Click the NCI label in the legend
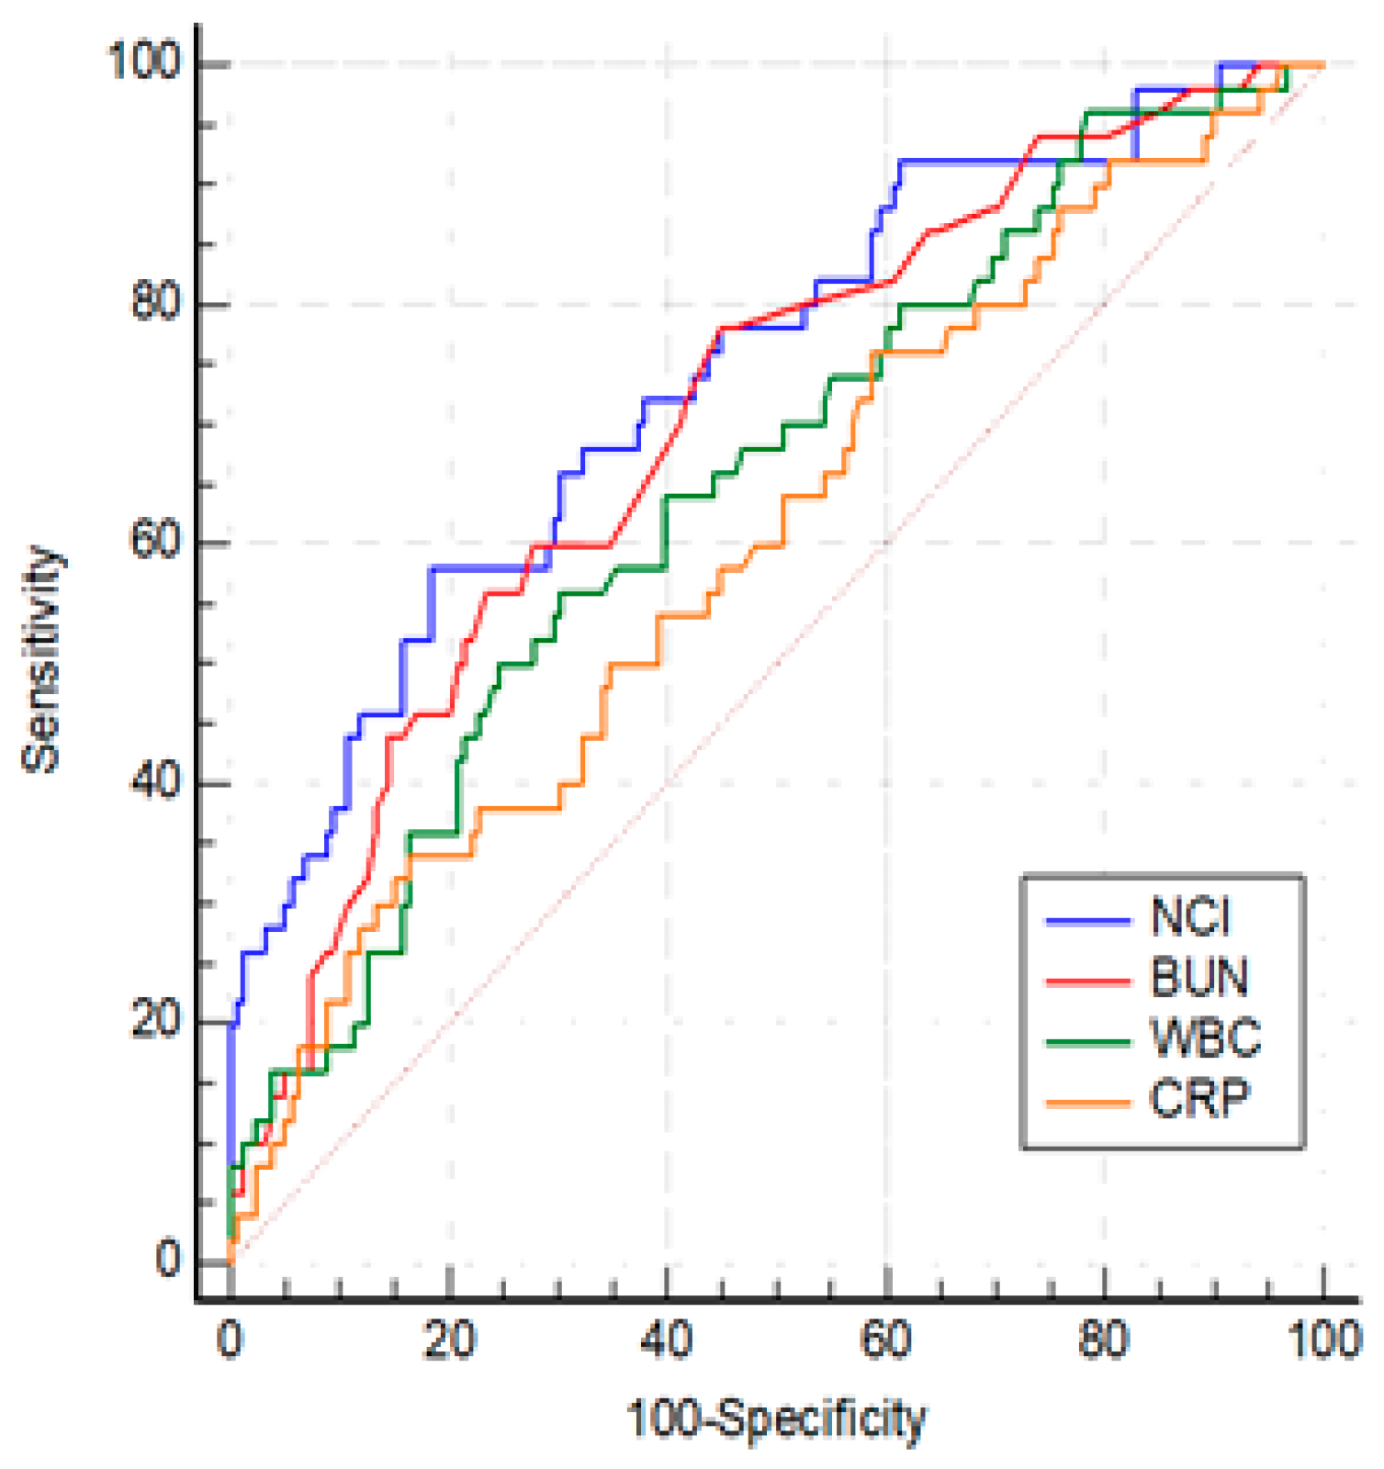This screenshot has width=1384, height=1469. coord(1190,916)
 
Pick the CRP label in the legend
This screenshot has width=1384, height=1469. coord(1199,1098)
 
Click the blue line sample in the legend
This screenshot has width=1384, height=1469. coord(1088,919)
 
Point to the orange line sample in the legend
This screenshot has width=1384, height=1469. coord(1088,1103)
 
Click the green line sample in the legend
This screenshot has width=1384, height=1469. coord(1088,1042)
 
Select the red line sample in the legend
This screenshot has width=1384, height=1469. coord(1088,981)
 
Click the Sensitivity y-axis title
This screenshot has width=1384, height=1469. coord(42,658)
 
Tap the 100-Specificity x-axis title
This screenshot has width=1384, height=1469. coord(776,1419)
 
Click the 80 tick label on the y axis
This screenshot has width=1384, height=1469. coord(156,301)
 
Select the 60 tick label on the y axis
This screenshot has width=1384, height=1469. coord(156,541)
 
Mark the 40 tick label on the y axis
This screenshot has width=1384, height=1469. coord(156,781)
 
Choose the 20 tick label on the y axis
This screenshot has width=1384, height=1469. coord(156,1020)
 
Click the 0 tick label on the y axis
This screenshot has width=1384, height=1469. coord(168,1260)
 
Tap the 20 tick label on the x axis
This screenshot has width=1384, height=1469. coord(449,1341)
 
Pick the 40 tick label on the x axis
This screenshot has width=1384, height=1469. coord(667,1341)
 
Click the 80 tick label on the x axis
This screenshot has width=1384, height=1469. coord(1104,1341)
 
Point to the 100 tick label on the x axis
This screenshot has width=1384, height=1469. coord(1323,1341)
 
